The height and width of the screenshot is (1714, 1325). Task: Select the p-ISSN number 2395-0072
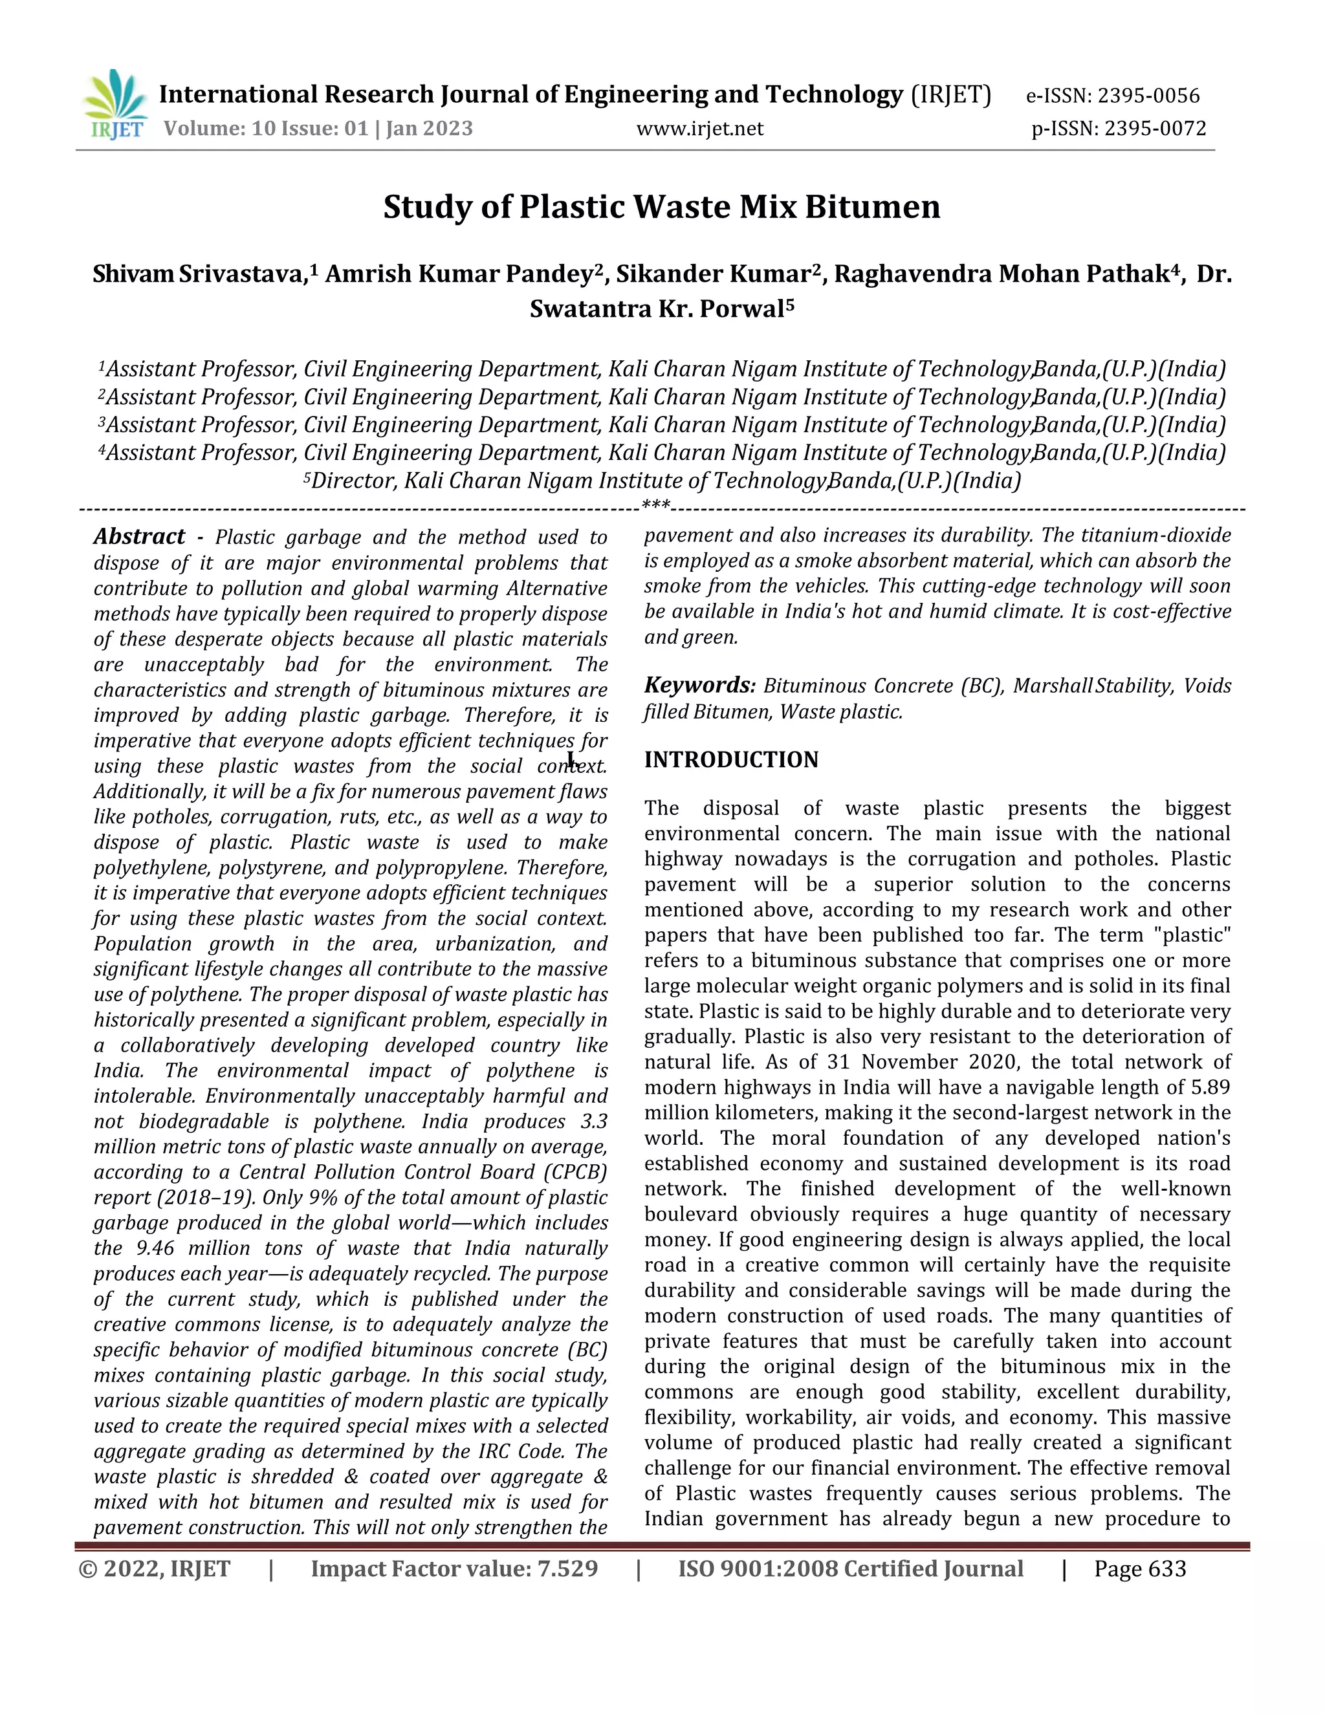tap(1155, 128)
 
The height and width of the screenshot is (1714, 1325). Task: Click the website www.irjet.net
tap(699, 128)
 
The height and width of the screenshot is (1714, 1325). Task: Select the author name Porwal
tap(741, 309)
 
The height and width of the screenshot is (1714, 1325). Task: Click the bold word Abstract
tap(139, 537)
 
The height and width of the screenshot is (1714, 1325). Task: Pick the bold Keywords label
tap(699, 685)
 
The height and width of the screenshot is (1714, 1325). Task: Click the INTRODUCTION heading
tap(731, 760)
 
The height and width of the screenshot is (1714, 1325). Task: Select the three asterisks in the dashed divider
tap(655, 504)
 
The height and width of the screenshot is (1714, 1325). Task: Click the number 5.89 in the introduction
tap(1210, 1087)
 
